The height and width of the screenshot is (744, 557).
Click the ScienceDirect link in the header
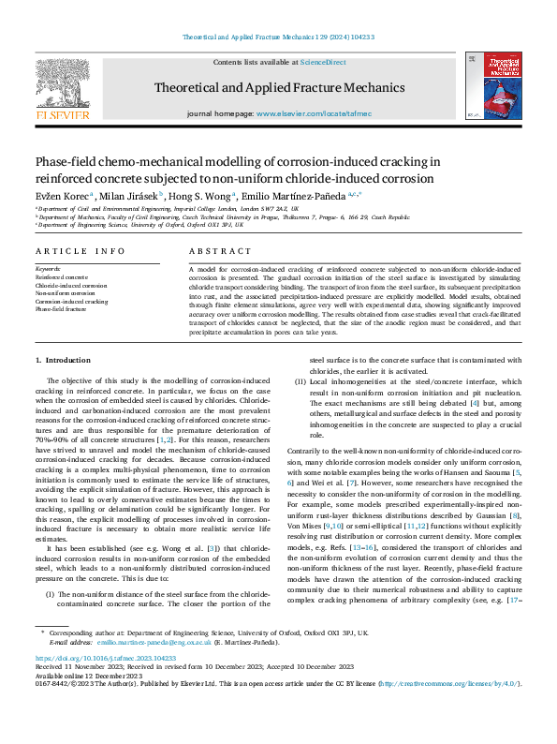323,62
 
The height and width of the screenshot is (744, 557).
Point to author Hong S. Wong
201,195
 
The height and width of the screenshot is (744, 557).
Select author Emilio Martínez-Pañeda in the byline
294,195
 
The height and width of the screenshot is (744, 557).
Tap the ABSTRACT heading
221,252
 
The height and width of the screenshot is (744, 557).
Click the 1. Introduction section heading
63,360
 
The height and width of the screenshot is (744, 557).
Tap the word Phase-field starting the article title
60,160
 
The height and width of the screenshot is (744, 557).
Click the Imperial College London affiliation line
169,208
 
